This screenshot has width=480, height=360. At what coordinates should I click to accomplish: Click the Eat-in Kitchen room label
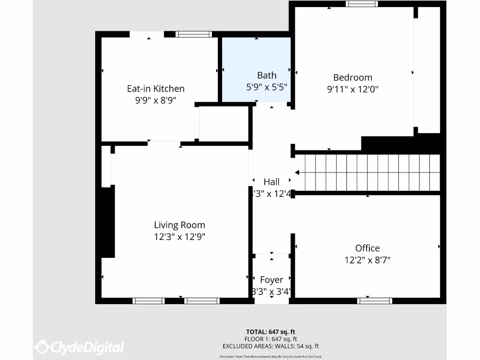tap(156, 89)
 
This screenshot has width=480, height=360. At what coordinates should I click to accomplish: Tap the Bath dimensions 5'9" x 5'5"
tap(267, 87)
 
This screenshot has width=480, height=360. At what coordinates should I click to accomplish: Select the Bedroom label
tap(352, 77)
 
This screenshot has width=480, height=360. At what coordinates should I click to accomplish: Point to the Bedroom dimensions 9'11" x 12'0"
tap(352, 89)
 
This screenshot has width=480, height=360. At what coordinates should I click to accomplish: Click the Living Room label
tap(180, 225)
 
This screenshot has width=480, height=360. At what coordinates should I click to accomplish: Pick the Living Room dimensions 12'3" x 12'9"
tap(180, 237)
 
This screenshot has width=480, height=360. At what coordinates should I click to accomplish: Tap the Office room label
tap(367, 248)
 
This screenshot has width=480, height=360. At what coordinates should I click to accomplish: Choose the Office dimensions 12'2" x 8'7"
tap(367, 260)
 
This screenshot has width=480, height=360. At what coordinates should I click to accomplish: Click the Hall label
tap(271, 182)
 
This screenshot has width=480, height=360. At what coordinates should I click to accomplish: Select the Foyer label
tap(271, 280)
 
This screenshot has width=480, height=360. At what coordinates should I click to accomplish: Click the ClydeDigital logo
tap(80, 347)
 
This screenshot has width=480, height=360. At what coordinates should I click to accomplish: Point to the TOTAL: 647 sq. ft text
tap(271, 332)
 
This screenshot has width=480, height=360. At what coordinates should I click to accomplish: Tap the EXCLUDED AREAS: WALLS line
tap(271, 346)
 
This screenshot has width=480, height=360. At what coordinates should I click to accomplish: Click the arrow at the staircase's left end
tap(298, 173)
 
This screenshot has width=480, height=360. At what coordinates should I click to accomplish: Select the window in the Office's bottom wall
tap(375, 300)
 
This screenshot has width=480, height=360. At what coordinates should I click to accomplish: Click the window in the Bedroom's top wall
tap(361, 4)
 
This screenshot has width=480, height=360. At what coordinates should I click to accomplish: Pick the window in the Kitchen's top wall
tap(194, 34)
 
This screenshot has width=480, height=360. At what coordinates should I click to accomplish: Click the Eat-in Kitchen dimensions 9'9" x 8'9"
tap(156, 100)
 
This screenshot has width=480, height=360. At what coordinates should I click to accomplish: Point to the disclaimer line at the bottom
tap(271, 356)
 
